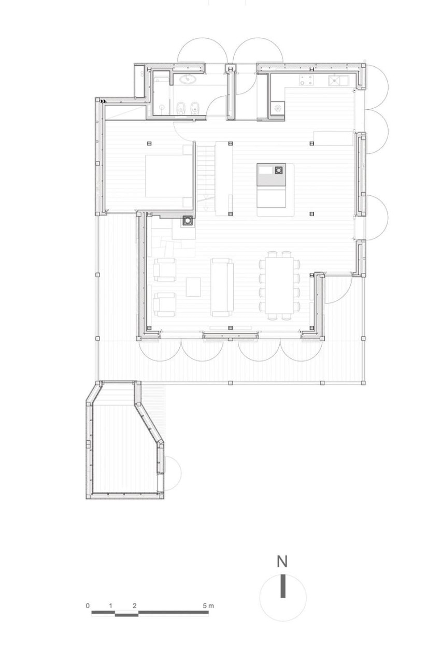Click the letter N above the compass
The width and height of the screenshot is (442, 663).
click(282, 561)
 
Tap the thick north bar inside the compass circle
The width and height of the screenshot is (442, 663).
click(282, 586)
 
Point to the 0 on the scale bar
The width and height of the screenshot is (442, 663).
click(88, 605)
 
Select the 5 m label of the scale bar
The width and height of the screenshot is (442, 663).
click(208, 605)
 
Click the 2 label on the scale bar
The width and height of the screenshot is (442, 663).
click(134, 605)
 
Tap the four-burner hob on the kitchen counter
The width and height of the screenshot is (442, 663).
click(306, 80)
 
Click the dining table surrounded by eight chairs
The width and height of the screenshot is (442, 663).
click(279, 284)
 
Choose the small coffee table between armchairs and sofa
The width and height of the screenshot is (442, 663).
click(193, 287)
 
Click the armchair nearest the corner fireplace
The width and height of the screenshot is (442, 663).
click(165, 269)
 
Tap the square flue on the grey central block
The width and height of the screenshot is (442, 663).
click(279, 169)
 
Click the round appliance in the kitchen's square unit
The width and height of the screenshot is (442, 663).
click(278, 109)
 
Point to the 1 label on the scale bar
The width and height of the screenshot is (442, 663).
click(111, 605)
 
